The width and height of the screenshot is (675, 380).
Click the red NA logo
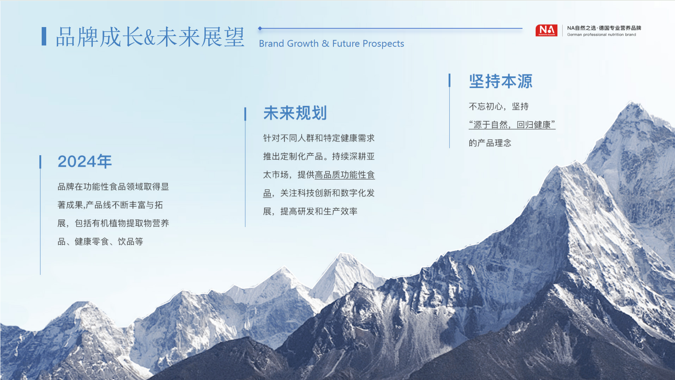tap(546, 30)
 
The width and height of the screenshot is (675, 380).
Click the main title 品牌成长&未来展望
tap(150, 37)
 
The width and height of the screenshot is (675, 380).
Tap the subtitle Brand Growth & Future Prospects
tap(331, 44)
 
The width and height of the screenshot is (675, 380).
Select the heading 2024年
tap(85, 162)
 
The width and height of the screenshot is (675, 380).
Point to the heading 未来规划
tap(295, 113)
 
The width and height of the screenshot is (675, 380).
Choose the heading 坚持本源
tap(501, 82)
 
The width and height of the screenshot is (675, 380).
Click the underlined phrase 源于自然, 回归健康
tap(512, 125)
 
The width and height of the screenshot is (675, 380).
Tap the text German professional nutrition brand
tap(601, 35)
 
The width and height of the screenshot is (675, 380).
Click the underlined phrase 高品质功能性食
tap(345, 175)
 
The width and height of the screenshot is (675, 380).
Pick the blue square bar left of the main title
tap(44, 36)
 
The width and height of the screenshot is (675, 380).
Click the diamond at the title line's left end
tap(260, 28)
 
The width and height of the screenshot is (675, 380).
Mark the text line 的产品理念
tap(490, 143)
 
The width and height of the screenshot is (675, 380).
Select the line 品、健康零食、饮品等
tap(100, 242)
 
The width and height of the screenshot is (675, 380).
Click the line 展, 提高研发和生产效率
tap(310, 212)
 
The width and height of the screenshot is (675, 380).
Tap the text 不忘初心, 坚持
tap(499, 107)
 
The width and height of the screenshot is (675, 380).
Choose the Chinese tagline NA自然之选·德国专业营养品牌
tap(604, 28)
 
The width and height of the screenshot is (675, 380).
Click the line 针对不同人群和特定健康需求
tap(319, 138)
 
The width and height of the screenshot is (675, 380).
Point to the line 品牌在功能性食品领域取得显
tap(113, 187)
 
